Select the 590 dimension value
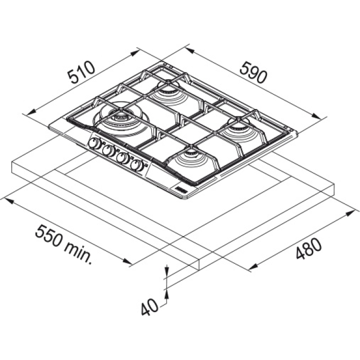(253, 72)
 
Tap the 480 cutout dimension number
(309, 249)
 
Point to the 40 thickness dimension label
(150, 307)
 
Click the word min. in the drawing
(78, 253)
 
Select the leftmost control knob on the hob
(95, 143)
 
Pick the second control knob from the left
(109, 150)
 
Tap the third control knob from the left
(123, 158)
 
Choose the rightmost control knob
(137, 165)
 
